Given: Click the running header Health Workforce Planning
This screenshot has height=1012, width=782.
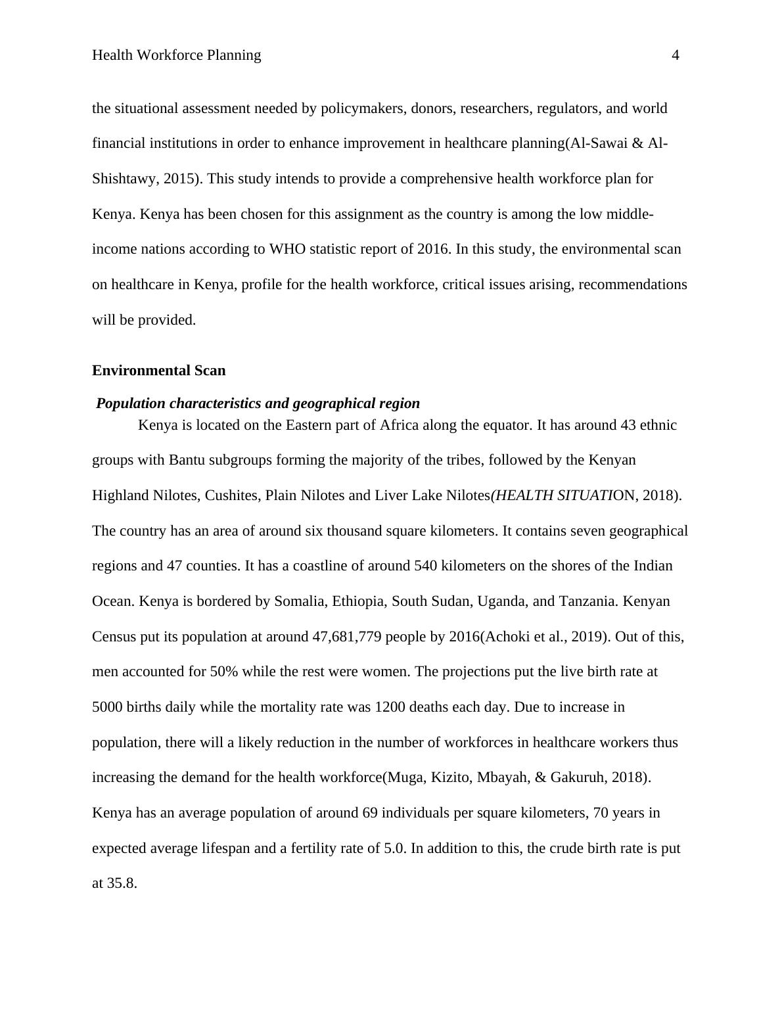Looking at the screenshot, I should coord(176,55).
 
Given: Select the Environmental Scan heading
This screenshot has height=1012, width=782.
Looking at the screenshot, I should coord(158,371).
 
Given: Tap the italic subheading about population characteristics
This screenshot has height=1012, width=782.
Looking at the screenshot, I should coord(258,403).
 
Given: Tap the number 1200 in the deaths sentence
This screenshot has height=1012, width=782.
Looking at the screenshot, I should coord(389,707).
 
